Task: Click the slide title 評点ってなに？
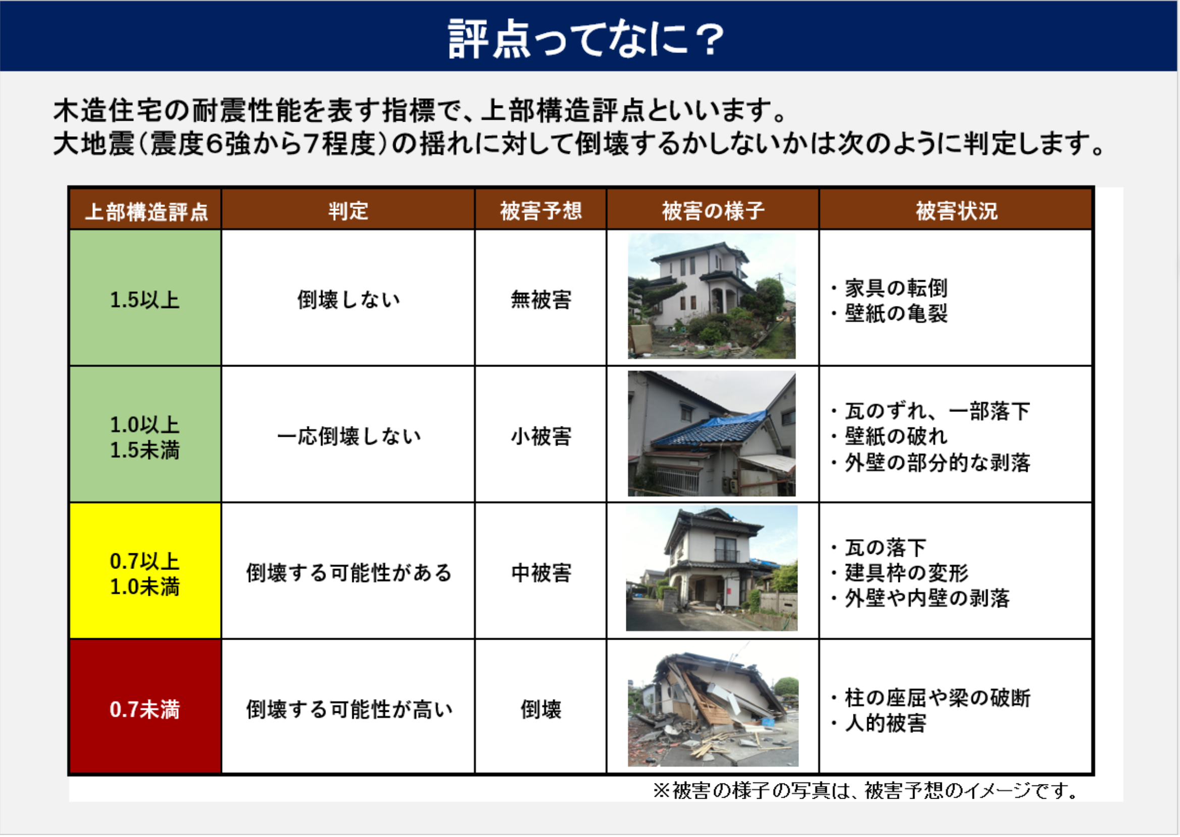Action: tap(586, 38)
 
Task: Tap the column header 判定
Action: tap(348, 211)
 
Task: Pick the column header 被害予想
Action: tap(541, 211)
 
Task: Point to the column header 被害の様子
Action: tap(713, 211)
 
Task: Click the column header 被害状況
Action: tap(956, 211)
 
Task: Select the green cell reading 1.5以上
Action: tap(145, 299)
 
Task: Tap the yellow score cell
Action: tap(145, 572)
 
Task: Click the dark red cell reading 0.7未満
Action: tap(145, 709)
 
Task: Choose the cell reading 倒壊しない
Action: tap(348, 299)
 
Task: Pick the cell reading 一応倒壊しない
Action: tap(348, 436)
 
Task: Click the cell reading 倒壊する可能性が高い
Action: tap(348, 709)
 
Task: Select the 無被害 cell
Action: tap(541, 299)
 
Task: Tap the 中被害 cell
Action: tap(541, 572)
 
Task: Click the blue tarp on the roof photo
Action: tap(737, 423)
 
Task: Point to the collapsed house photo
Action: tap(713, 709)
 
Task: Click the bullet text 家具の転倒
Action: tap(895, 288)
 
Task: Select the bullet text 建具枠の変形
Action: tap(906, 572)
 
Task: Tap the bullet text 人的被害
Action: tap(885, 723)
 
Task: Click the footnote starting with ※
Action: tap(866, 790)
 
